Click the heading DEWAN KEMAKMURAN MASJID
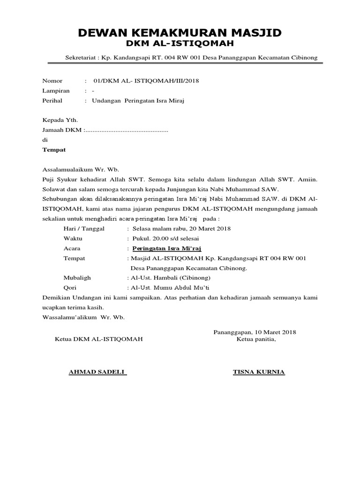[x=180, y=32]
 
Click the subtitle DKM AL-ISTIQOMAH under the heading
[x=180, y=44]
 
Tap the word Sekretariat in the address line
[x=81, y=58]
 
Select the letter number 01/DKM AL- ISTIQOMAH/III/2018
[x=146, y=81]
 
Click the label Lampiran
[x=56, y=90]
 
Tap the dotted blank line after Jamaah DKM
[x=127, y=130]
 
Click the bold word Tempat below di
[x=54, y=150]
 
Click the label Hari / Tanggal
[x=84, y=229]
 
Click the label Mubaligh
[x=77, y=278]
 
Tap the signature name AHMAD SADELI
[x=97, y=372]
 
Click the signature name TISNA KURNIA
[x=259, y=372]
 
